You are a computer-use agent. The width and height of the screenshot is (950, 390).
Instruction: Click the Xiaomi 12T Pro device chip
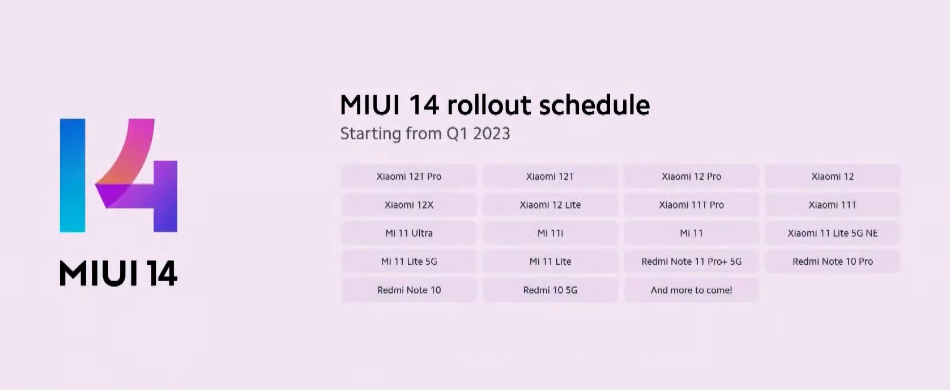pos(409,176)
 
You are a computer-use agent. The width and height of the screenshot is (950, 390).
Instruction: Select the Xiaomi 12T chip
pos(550,176)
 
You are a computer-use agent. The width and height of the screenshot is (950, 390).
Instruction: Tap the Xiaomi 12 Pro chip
pos(691,176)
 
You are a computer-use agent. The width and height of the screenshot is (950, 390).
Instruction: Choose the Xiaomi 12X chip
pos(409,205)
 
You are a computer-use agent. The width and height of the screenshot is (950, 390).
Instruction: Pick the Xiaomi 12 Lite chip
pos(550,205)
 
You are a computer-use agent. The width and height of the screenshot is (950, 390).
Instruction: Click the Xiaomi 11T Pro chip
pos(691,205)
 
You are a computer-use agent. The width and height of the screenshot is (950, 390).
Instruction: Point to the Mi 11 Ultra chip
pos(409,233)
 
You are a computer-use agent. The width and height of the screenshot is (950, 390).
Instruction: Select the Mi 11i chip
pos(550,233)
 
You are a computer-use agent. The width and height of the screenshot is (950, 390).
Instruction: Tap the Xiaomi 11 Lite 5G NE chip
pos(833,233)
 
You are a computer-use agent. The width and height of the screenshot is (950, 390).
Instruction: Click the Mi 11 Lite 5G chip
pos(409,261)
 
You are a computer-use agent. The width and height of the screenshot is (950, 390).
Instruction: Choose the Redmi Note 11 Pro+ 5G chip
pos(691,261)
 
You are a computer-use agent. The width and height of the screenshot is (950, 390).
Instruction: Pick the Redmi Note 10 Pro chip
pos(833,261)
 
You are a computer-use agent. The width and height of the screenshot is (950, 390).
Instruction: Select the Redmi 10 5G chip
pos(550,290)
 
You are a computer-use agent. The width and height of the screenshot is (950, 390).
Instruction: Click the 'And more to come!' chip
pos(691,290)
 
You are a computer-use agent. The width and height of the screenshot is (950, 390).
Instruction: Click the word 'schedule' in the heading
pos(594,104)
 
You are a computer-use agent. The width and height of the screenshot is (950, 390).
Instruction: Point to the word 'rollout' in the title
pos(488,104)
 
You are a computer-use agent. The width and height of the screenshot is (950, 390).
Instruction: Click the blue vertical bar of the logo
pos(73,175)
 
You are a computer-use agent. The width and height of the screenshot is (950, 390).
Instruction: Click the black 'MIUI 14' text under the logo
pos(118,274)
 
